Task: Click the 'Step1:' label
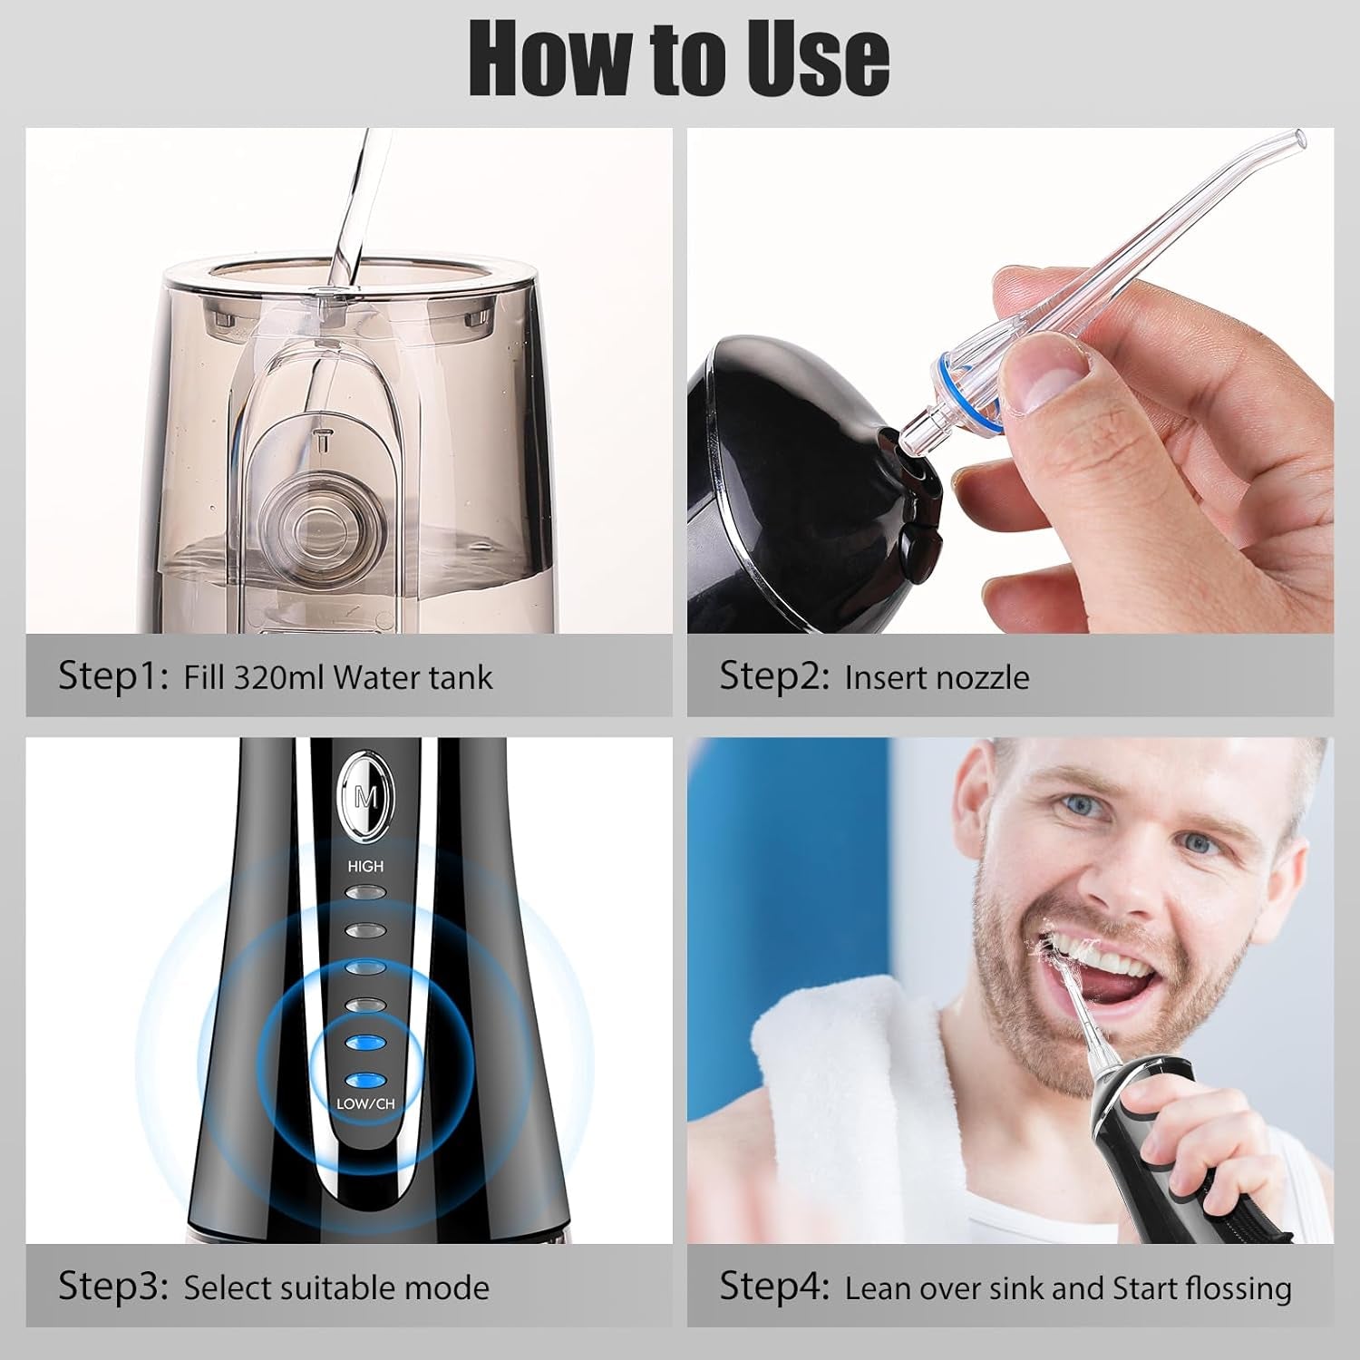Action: click(113, 676)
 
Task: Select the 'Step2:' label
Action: click(774, 676)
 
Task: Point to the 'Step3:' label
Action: click(113, 1287)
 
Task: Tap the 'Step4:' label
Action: click(774, 1287)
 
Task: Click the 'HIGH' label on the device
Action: click(365, 867)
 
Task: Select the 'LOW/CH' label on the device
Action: click(365, 1104)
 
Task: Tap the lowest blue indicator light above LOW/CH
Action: click(365, 1080)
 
